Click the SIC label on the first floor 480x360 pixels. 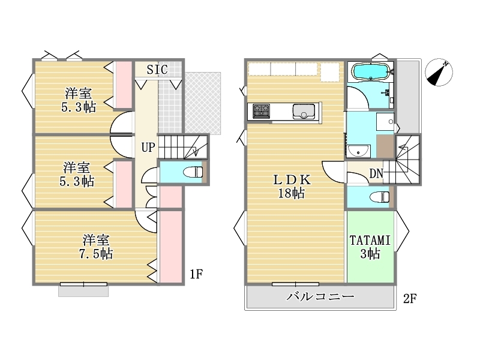157,70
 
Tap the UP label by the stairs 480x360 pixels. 148,147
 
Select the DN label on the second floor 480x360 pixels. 376,173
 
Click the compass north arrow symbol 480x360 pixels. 439,73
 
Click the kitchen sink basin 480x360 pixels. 304,112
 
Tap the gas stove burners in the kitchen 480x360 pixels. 261,111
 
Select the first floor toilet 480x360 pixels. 193,172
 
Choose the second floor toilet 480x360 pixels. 380,197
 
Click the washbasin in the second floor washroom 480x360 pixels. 359,151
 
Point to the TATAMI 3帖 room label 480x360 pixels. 370,247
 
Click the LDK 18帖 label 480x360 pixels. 292,187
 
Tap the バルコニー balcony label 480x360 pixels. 320,296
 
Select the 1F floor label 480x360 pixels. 196,274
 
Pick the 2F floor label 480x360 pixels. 410,298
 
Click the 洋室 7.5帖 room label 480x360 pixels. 96,247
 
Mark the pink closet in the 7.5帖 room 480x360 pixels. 171,247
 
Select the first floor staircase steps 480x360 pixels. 183,146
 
